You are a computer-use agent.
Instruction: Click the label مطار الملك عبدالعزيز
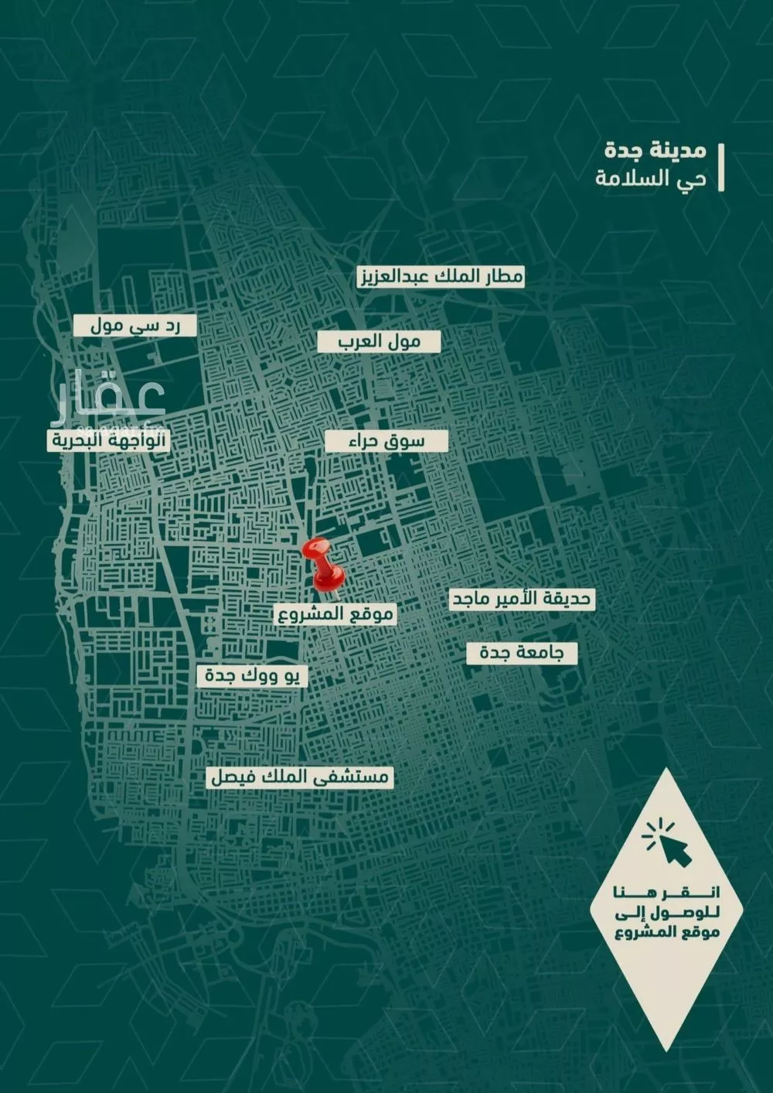pos(440,277)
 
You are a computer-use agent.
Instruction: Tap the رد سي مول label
pos(135,326)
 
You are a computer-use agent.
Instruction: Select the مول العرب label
pos(379,342)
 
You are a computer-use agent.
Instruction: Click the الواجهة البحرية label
pos(107,441)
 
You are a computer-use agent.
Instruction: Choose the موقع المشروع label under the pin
pos(335,615)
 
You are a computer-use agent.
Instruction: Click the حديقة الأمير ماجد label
pos(523,599)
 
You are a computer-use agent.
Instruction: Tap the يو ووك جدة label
pos(252,676)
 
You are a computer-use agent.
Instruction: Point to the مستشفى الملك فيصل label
pos(300,777)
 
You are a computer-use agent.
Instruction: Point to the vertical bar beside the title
pos(720,166)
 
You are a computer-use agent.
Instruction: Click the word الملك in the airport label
pos(450,277)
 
